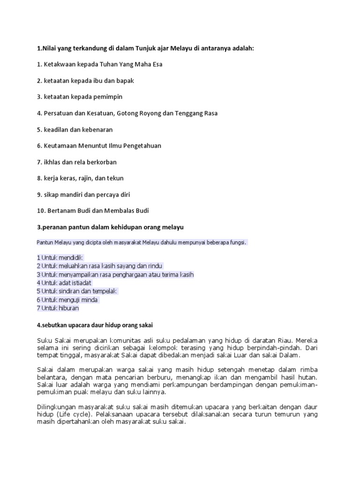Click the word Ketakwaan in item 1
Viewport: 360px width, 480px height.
click(60, 64)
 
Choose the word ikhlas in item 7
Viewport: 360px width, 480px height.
click(52, 162)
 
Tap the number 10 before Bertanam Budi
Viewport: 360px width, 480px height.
click(40, 210)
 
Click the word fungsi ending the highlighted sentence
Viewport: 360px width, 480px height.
click(236, 242)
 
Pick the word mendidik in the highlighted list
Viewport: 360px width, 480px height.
click(70, 257)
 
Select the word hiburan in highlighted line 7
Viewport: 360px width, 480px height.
click(68, 308)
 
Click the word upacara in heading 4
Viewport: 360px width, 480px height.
click(78, 324)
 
